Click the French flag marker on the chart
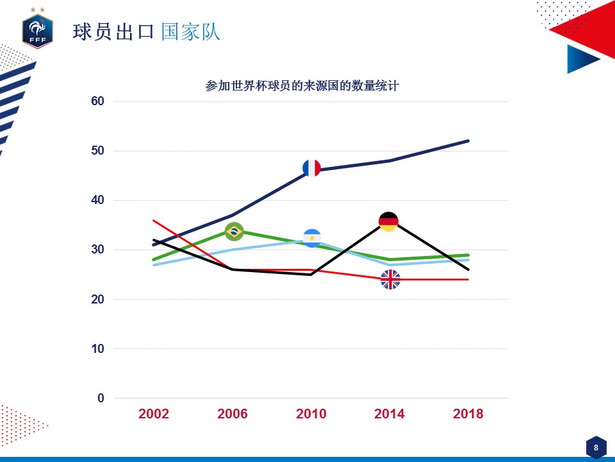pyautogui.click(x=311, y=168)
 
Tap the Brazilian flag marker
pyautogui.click(x=234, y=231)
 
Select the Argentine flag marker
pyautogui.click(x=312, y=238)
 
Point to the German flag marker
pyautogui.click(x=388, y=222)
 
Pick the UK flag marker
pyautogui.click(x=390, y=279)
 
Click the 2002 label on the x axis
pyautogui.click(x=154, y=414)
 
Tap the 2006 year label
pyautogui.click(x=233, y=414)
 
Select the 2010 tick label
pyautogui.click(x=311, y=414)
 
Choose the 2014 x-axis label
pyautogui.click(x=389, y=414)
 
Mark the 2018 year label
pyautogui.click(x=468, y=414)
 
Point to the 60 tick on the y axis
pyautogui.click(x=97, y=101)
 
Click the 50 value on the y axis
pyautogui.click(x=97, y=151)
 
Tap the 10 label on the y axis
pyautogui.click(x=97, y=349)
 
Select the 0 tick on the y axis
pyautogui.click(x=101, y=398)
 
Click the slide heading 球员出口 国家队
pyautogui.click(x=146, y=32)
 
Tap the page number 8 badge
pyautogui.click(x=596, y=447)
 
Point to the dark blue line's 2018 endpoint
pyautogui.click(x=468, y=141)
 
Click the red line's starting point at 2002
pyautogui.click(x=154, y=220)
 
